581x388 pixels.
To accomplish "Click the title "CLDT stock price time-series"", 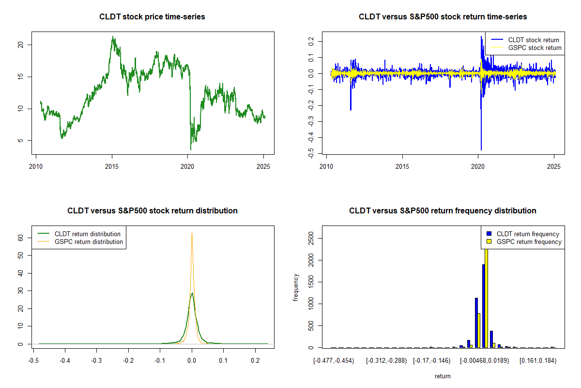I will point(152,17).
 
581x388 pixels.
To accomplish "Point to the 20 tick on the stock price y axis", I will point(21,45).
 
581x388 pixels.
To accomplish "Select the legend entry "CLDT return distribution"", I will point(87,234).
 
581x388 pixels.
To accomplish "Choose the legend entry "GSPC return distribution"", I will point(89,242).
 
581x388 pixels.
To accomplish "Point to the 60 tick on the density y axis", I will point(21,238).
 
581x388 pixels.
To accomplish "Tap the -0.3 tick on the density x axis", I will point(97,361).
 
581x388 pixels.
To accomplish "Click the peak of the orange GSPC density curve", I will point(192,233).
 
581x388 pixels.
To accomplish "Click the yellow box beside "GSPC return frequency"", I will point(489,242).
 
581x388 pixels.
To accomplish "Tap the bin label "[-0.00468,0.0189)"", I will point(484,361).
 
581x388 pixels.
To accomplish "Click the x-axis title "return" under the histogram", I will point(443,376).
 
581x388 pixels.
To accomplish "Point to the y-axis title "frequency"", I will point(296,288).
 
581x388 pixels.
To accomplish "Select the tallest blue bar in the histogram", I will point(483,306).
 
